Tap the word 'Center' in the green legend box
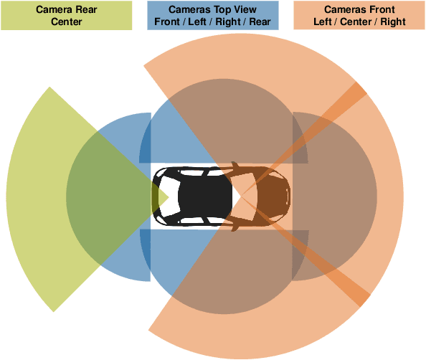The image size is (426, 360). click(66, 21)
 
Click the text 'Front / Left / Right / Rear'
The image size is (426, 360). click(213, 21)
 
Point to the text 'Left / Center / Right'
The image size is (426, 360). click(359, 21)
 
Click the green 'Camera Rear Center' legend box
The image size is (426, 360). click(66, 15)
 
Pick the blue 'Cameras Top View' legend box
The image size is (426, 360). click(213, 15)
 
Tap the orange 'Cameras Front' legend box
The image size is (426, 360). click(359, 15)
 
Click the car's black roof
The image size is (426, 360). click(204, 196)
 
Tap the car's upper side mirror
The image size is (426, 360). click(235, 166)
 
